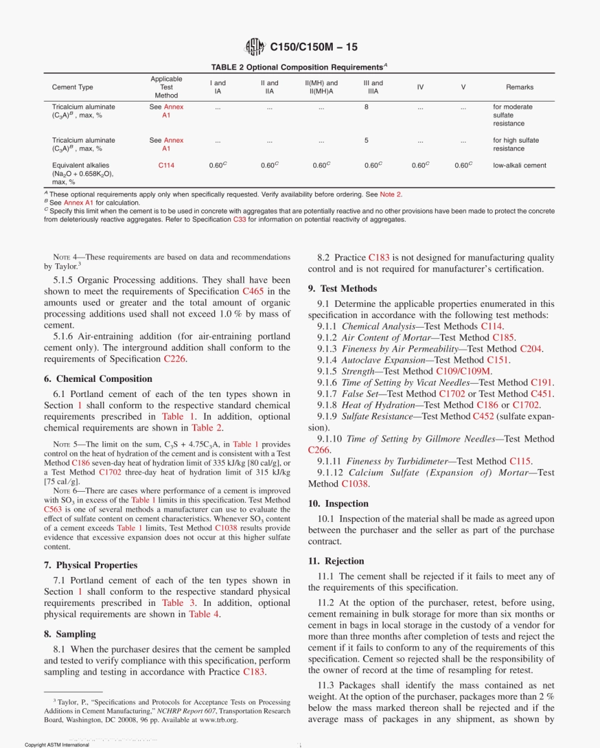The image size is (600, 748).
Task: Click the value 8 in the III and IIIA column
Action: tap(366, 107)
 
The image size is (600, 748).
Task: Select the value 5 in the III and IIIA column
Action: tap(366, 141)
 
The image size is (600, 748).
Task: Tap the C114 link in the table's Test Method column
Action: tap(166, 166)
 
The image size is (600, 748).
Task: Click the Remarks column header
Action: tap(519, 87)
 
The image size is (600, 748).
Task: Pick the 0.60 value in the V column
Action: tap(463, 166)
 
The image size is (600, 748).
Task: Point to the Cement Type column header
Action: tap(72, 87)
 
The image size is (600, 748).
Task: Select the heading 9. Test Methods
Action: tap(342, 288)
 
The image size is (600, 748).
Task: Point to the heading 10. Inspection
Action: tap(347, 503)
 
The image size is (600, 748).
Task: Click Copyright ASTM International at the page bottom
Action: tap(57, 745)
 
